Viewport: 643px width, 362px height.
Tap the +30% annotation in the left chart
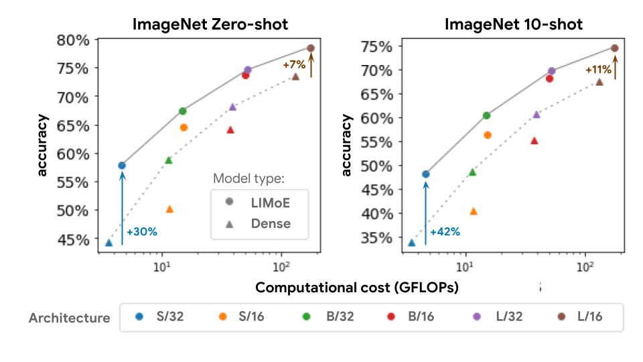coord(141,232)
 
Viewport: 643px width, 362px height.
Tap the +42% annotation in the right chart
coord(445,232)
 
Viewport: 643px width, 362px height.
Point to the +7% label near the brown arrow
coord(294,65)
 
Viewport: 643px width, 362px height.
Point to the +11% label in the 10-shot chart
coord(598,69)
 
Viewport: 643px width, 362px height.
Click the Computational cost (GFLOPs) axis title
coord(356,288)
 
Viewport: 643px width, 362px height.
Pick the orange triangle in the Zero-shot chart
coord(169,209)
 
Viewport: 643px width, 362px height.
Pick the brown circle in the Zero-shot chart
coord(311,48)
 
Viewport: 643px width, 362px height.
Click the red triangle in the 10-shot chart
coord(534,141)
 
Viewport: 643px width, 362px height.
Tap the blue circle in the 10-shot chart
coord(425,174)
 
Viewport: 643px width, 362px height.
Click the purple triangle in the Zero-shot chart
coord(232,107)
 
